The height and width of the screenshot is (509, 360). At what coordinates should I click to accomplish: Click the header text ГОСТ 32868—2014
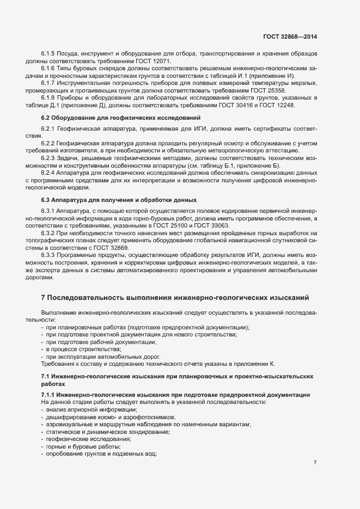(x=290, y=37)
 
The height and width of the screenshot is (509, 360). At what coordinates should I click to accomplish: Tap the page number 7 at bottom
(x=315, y=462)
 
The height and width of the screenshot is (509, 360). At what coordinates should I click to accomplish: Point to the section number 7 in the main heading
(x=44, y=297)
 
